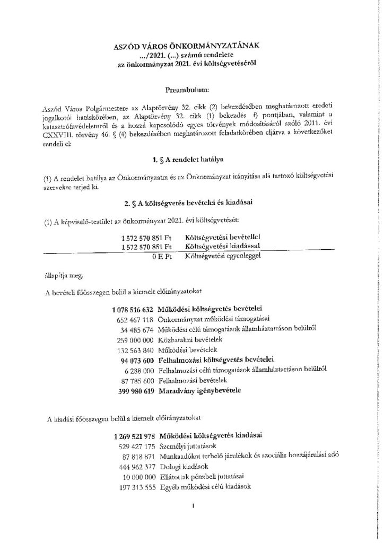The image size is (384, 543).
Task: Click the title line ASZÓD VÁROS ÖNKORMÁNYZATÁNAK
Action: (191, 47)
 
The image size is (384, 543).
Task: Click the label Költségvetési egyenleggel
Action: (223, 257)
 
